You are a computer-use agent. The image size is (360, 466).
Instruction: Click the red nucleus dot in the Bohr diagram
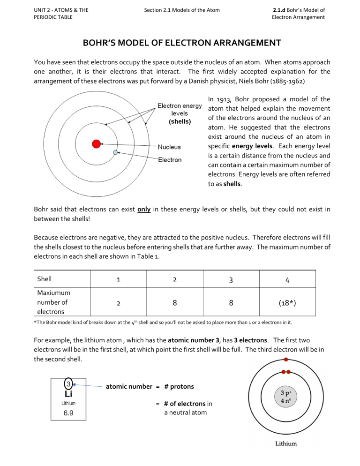(x=97, y=144)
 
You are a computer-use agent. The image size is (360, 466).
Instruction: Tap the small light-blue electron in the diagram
(x=115, y=152)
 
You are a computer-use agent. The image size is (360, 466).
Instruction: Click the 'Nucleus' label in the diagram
(x=169, y=147)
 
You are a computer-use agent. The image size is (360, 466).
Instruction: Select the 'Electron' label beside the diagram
(x=170, y=160)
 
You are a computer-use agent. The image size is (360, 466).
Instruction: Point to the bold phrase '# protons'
(x=180, y=386)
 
